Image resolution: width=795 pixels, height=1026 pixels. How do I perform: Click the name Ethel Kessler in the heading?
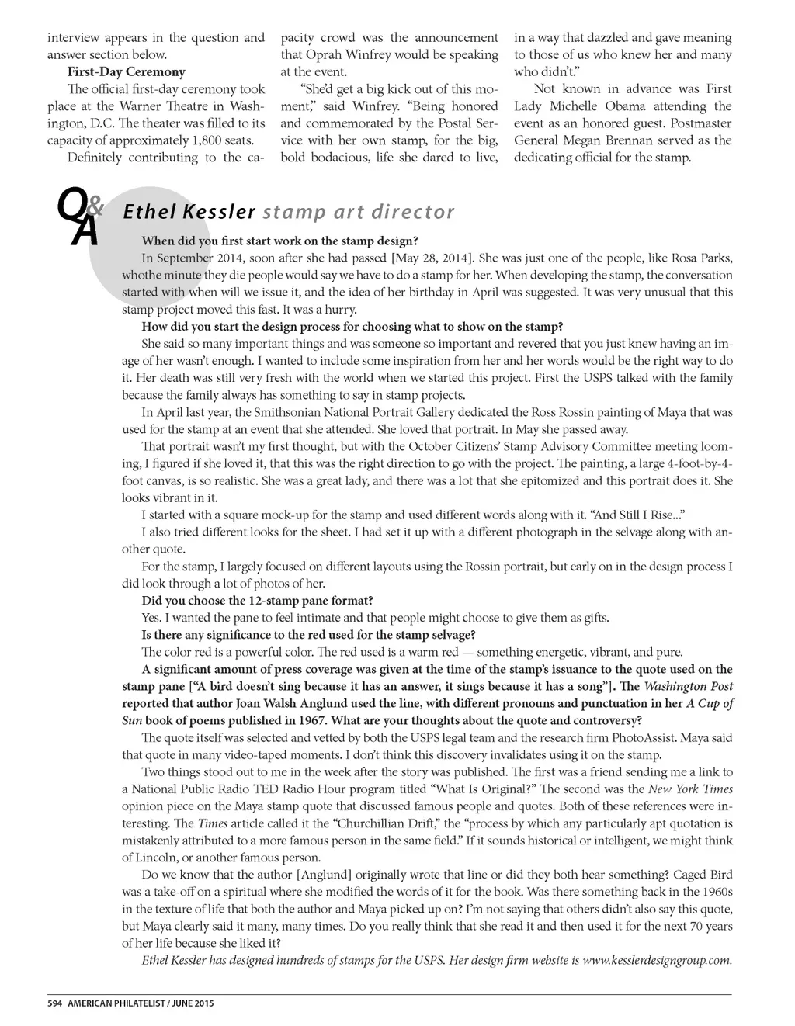click(189, 211)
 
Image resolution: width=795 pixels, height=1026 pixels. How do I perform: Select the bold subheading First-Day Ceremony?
click(127, 72)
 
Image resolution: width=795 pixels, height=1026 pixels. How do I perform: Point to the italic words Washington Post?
click(689, 686)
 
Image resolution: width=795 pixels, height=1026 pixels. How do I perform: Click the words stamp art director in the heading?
click(359, 211)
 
